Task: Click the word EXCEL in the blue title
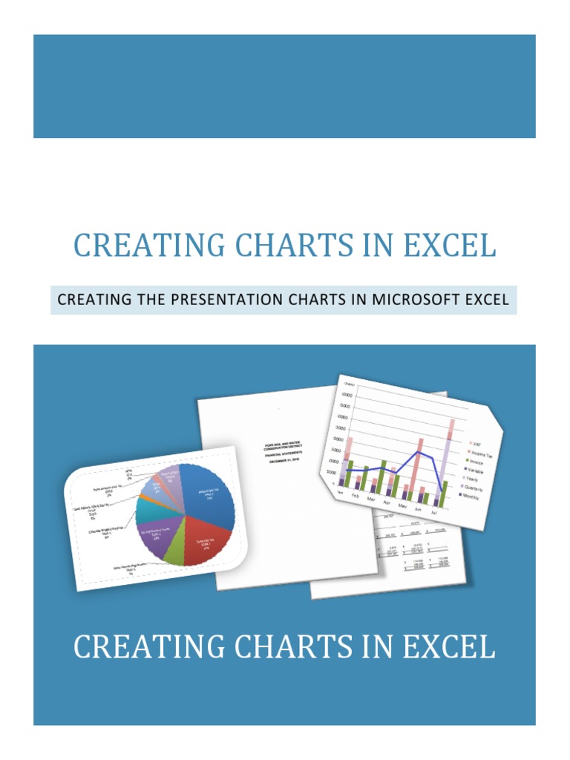coord(450,245)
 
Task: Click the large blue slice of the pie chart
coord(206,495)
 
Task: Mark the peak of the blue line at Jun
coord(419,452)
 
